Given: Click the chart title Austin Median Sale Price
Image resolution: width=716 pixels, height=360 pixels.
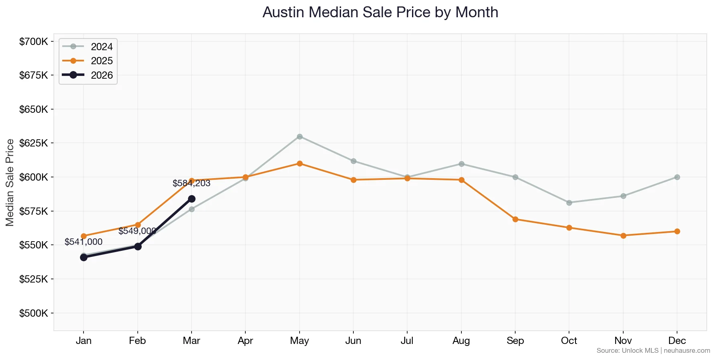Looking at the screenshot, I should [x=380, y=12].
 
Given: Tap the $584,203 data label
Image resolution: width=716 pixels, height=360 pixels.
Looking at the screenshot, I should [x=191, y=183].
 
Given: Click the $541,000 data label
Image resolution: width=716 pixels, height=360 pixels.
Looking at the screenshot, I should [x=84, y=242].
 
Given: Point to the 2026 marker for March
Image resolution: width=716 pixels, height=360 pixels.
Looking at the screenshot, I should [x=192, y=199].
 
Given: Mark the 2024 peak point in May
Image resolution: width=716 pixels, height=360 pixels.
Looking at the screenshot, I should [x=300, y=136].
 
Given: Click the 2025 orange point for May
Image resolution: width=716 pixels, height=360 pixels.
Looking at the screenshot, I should [x=300, y=163].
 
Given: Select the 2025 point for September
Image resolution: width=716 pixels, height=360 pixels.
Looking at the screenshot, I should [x=515, y=219].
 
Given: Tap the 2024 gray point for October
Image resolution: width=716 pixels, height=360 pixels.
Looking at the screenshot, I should [x=569, y=203].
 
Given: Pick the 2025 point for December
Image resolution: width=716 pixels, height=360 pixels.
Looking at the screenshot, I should [x=677, y=231].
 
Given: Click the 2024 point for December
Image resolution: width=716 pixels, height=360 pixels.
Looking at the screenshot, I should [x=677, y=177].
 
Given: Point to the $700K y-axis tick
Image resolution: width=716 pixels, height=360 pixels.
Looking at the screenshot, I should [x=34, y=41].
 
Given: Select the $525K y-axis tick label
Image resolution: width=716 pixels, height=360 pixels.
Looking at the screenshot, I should [x=34, y=279].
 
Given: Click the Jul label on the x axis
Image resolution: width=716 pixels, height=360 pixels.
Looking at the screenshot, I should [x=407, y=341].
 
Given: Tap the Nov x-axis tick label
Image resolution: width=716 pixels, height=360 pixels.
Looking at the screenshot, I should [x=623, y=341].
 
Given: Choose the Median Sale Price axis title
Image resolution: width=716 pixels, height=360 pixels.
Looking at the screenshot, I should [x=10, y=182].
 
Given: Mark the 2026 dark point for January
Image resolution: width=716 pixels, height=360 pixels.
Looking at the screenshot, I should [x=84, y=257].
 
